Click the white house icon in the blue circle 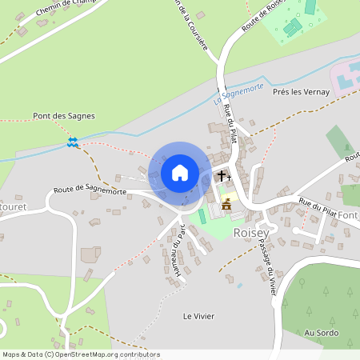(x=179, y=173)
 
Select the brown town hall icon (x=226, y=205)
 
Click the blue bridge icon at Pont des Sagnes (x=73, y=142)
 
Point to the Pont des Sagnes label (x=64, y=116)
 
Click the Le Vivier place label (x=198, y=316)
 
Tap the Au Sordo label (x=322, y=333)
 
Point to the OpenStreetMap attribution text (x=80, y=354)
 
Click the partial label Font (x=350, y=215)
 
